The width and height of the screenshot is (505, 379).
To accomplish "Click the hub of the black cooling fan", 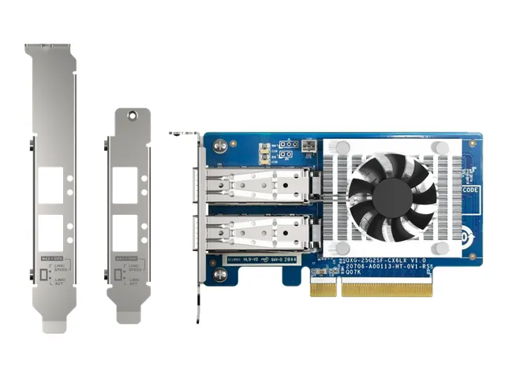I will click(392, 192).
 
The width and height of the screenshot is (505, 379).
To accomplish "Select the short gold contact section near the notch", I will click(320, 287).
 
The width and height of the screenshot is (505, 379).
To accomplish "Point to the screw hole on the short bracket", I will click(129, 117).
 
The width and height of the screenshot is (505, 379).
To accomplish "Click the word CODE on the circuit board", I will click(469, 190).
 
